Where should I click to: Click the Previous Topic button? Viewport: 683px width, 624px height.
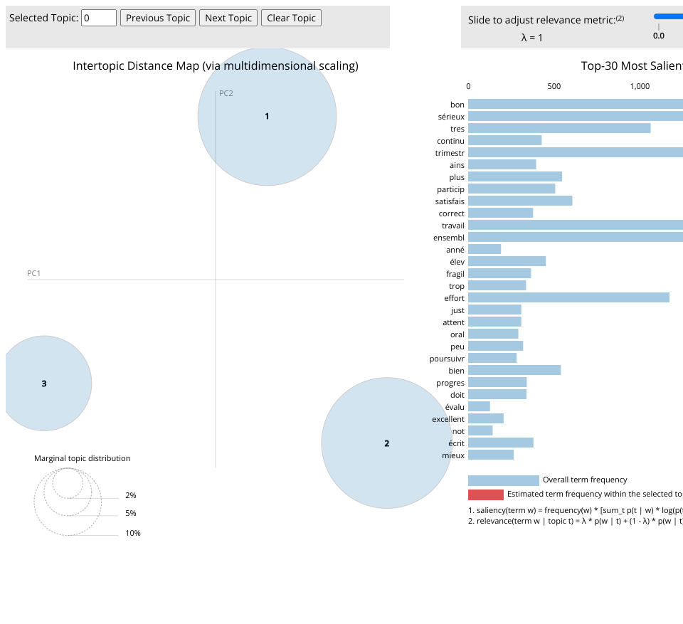[x=158, y=18]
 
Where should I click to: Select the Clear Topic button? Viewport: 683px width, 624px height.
[x=291, y=18]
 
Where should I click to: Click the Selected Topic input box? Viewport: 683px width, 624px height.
[x=99, y=18]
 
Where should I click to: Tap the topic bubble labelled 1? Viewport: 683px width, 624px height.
[x=267, y=116]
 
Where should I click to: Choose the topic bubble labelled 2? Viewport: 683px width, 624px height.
[x=387, y=443]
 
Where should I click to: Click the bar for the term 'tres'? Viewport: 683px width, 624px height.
[x=559, y=128]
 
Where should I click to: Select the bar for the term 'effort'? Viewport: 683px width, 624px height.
[x=568, y=297]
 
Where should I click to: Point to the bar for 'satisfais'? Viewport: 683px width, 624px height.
[x=520, y=201]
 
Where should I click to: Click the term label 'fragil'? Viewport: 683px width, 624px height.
[x=455, y=274]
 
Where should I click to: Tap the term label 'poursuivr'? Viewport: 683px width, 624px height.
[x=447, y=359]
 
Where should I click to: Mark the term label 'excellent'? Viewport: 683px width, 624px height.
[x=448, y=419]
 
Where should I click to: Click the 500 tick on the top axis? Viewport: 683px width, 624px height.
[x=554, y=86]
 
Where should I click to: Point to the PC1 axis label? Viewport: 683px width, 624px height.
[x=34, y=273]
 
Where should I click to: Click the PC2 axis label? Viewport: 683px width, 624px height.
[x=226, y=93]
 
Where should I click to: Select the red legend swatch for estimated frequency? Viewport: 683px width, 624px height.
[x=486, y=495]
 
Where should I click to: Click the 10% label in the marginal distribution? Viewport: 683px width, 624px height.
[x=133, y=533]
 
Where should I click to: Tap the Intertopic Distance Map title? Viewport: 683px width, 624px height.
[x=216, y=66]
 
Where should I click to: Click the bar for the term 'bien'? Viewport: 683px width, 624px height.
[x=514, y=370]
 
